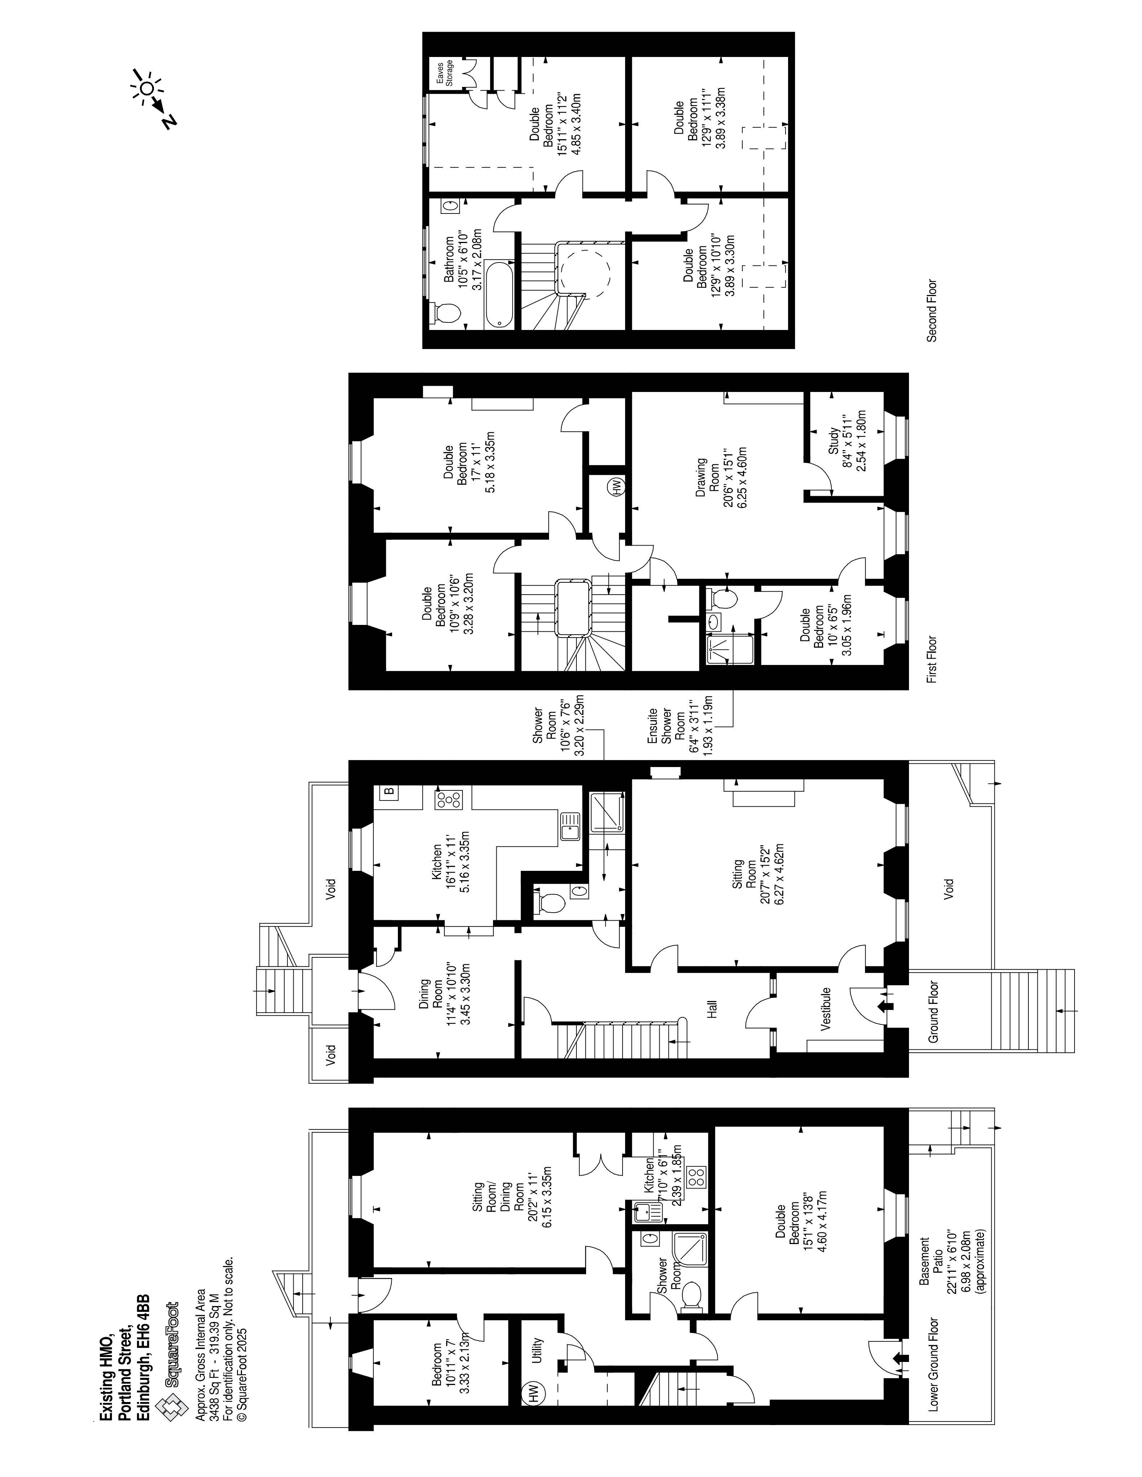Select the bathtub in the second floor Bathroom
(x=501, y=296)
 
